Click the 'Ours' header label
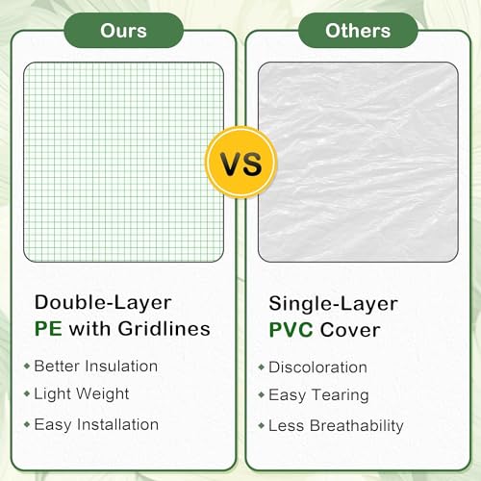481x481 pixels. pos(123,31)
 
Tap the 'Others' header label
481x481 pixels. pos(358,31)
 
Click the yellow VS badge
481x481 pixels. pos(240,163)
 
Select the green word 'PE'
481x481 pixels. pos(48,329)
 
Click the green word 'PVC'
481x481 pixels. pos(291,330)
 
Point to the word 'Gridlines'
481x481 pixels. pos(164,329)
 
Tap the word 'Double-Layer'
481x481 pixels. pos(103,304)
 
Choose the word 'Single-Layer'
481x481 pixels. pos(334,305)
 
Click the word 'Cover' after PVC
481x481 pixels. pos(350,330)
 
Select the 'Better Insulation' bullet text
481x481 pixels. pos(96,366)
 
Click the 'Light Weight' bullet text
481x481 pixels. pos(82,394)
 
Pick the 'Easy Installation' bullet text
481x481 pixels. pos(96,425)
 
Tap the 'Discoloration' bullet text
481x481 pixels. pos(317,367)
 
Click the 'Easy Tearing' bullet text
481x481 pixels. pos(318,395)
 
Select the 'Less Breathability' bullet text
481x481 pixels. pos(336,426)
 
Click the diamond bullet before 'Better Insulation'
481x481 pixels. pos(27,366)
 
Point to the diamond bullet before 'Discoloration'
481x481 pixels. pos(262,367)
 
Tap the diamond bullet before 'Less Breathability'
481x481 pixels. pos(262,426)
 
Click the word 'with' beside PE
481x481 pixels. pos(89,329)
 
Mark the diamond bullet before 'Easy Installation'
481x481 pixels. pos(27,425)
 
